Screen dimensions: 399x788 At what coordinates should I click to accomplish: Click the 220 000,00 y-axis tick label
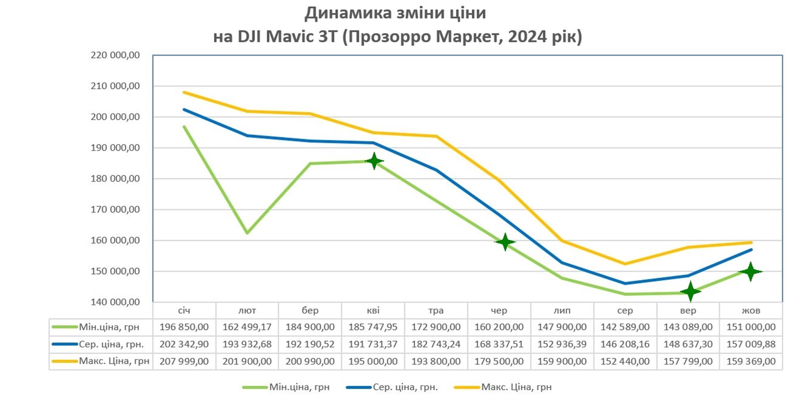(115, 55)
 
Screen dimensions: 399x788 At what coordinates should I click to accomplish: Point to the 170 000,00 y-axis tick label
(115, 210)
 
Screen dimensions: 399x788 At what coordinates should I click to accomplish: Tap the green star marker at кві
(374, 161)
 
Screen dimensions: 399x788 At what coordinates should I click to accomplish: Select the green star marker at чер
(505, 242)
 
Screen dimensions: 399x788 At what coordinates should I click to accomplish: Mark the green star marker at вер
(690, 291)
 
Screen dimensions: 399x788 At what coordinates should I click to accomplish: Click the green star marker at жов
(750, 272)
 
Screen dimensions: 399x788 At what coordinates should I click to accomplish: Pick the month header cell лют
(247, 310)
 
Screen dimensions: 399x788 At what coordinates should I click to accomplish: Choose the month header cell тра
(436, 310)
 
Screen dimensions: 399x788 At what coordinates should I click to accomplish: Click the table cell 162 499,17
(247, 327)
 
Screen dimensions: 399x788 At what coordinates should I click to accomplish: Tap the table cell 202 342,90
(184, 344)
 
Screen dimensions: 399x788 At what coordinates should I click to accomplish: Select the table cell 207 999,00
(184, 361)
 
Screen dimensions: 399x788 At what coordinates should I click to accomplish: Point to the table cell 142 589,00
(625, 327)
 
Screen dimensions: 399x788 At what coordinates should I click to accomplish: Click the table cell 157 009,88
(751, 344)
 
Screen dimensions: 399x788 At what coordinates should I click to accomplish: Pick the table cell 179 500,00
(499, 361)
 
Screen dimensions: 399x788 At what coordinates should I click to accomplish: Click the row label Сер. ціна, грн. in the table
(111, 344)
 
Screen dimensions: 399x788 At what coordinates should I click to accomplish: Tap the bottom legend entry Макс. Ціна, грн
(516, 387)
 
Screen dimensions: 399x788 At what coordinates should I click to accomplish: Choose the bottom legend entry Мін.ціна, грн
(299, 387)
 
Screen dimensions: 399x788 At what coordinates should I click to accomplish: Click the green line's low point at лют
(247, 233)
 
